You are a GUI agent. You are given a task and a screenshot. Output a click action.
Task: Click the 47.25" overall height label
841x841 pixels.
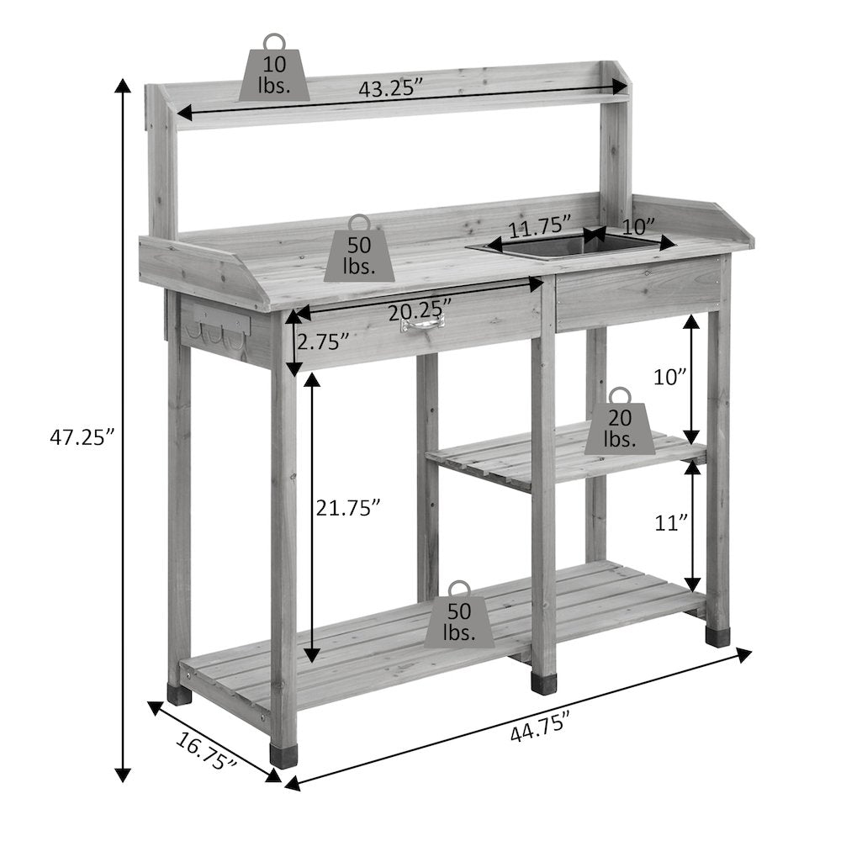pos(82,437)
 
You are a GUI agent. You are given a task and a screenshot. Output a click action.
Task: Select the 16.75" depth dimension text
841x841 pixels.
pos(206,751)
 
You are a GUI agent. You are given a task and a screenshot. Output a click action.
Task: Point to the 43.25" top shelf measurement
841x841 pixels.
pos(391,88)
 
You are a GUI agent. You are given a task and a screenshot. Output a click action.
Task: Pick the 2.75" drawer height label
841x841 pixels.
pos(323,341)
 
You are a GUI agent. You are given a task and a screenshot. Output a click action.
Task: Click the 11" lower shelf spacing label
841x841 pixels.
pos(671,522)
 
